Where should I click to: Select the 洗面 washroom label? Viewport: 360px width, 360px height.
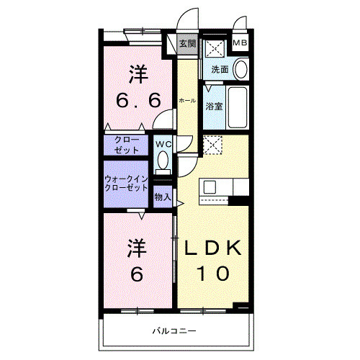point(220,70)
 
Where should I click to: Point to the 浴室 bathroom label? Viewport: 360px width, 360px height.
point(214,107)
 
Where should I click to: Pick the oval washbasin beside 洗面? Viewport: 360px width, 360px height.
point(240,69)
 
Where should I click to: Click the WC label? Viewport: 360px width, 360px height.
point(163,143)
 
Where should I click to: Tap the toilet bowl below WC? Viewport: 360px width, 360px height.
point(163,160)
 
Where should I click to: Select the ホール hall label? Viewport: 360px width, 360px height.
point(186,102)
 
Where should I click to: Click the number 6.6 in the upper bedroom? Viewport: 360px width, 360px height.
point(138,101)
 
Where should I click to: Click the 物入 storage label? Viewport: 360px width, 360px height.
point(163,196)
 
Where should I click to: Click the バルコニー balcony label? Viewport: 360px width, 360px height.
point(174,331)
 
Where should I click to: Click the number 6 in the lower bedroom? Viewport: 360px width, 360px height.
point(138,274)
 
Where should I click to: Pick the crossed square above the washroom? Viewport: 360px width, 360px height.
point(214,49)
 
